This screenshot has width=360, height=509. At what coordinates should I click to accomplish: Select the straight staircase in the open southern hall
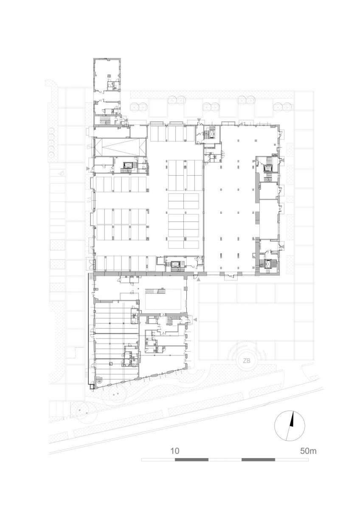click(155, 291)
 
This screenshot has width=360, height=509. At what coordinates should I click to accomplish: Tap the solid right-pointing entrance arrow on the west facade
click(88, 168)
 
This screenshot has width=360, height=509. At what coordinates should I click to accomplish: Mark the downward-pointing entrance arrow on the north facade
click(199, 120)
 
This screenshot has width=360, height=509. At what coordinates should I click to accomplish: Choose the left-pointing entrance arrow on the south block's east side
click(195, 320)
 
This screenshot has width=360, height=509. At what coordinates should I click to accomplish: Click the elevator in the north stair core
click(212, 134)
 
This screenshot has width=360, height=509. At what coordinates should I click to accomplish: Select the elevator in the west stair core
click(126, 165)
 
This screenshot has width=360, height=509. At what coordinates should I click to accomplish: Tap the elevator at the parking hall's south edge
click(176, 264)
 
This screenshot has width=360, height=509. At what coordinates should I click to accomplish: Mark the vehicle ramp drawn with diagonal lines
click(120, 147)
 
